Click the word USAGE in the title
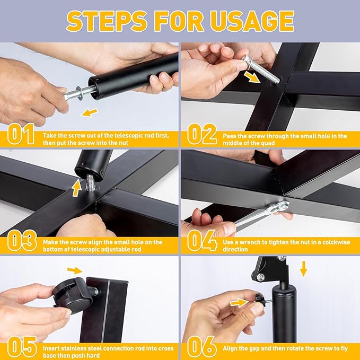(x=252, y=21)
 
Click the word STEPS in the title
(x=107, y=21)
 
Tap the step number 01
(x=21, y=134)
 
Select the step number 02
(x=202, y=134)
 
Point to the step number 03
(x=22, y=241)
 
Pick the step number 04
(x=202, y=241)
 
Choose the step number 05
(x=22, y=347)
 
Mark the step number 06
(x=202, y=347)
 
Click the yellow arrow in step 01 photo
(x=90, y=112)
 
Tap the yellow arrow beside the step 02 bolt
(x=252, y=77)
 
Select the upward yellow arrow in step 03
(x=76, y=188)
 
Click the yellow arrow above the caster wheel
(x=75, y=270)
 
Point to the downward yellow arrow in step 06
(x=303, y=269)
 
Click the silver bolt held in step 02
(x=261, y=70)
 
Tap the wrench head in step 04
(x=281, y=206)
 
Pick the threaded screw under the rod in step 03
(x=91, y=182)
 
